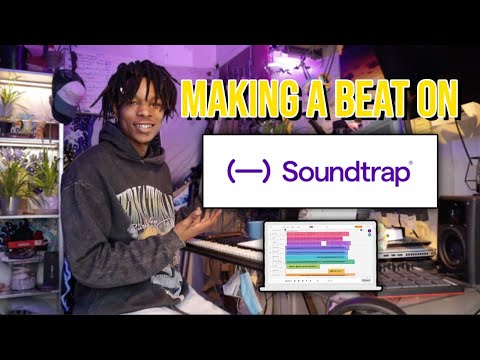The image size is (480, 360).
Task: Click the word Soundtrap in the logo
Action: [346, 171]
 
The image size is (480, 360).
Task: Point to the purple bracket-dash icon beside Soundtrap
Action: [249, 171]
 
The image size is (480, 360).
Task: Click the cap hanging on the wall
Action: [67, 95]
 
